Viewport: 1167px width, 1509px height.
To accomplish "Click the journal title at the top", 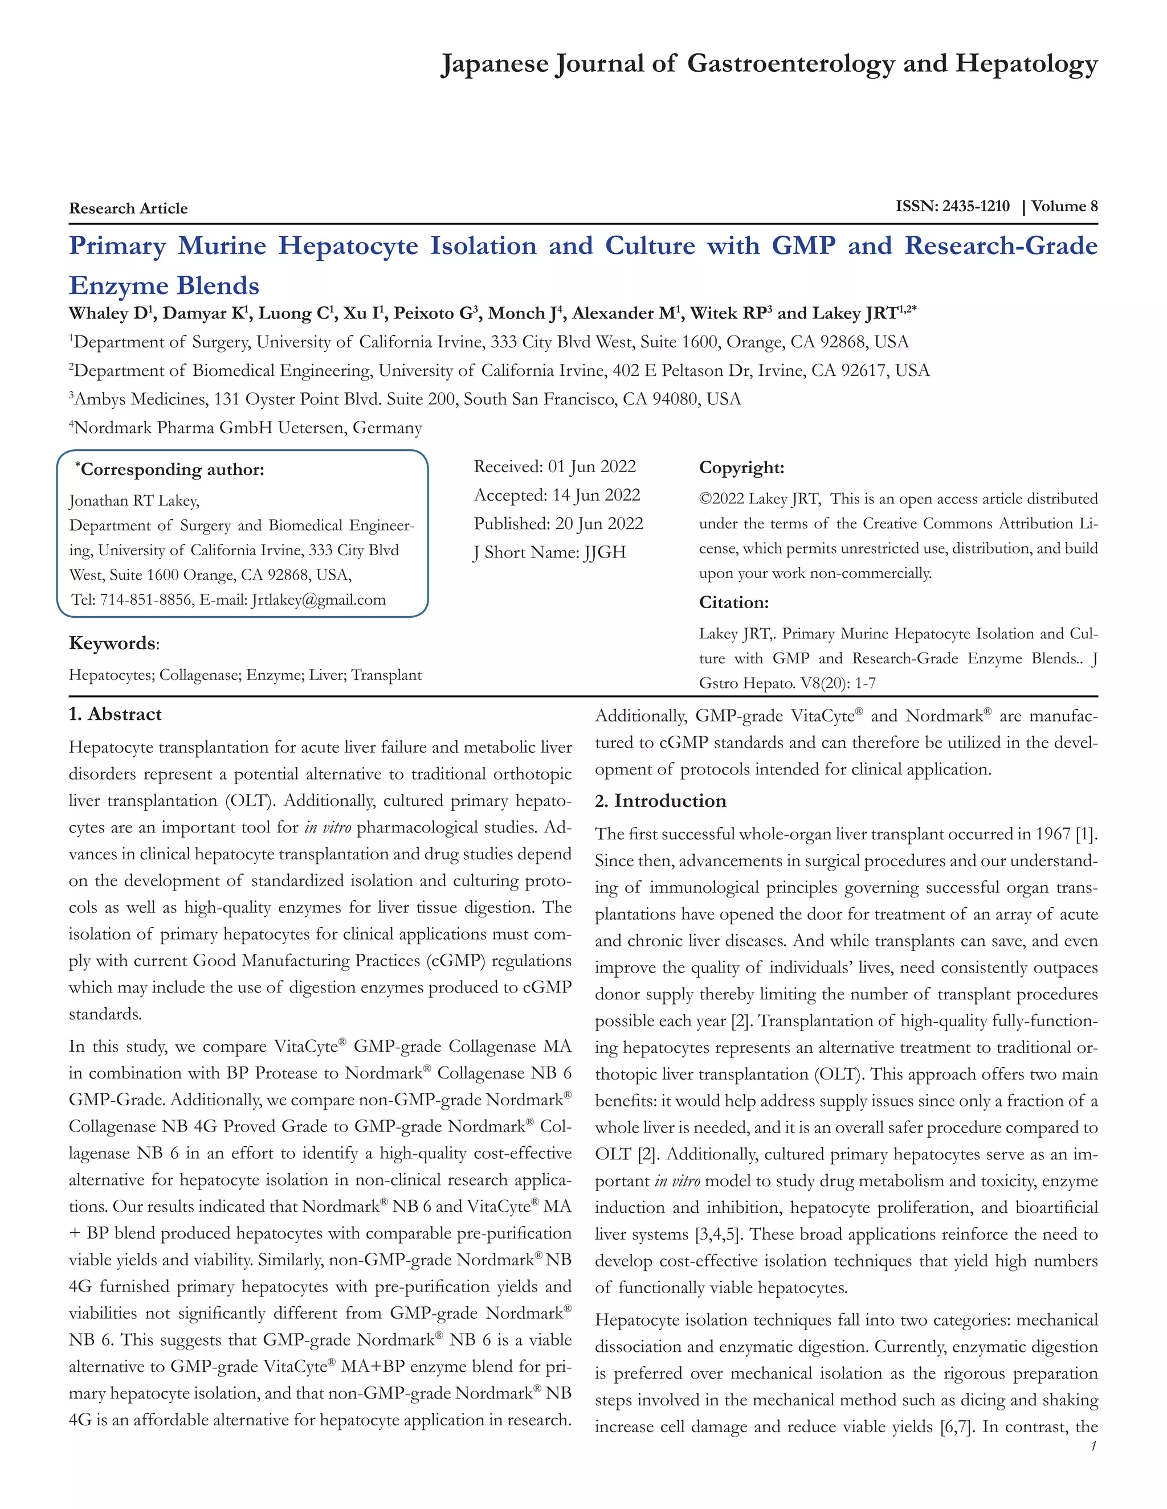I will [769, 64].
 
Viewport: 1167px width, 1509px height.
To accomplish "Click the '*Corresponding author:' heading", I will [170, 470].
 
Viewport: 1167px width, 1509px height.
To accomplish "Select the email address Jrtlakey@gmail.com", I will [318, 600].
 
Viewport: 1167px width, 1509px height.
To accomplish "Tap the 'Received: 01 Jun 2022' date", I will [554, 466].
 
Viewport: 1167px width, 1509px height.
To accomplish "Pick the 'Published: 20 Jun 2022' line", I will [558, 524].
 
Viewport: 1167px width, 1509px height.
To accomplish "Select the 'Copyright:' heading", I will [741, 468].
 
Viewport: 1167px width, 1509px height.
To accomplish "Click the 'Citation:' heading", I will [733, 602].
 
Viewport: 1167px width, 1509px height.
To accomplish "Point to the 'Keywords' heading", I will [112, 643].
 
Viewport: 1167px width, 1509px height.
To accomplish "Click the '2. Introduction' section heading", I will [660, 801].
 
